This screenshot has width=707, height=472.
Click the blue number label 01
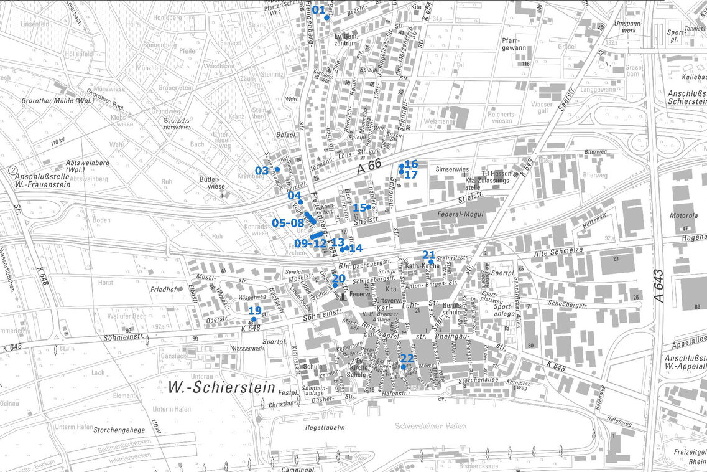click(x=318, y=10)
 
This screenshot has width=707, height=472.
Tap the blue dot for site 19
click(x=253, y=319)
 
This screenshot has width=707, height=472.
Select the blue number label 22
click(x=407, y=358)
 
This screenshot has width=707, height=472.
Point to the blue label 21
click(x=429, y=255)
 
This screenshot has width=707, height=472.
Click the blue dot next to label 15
click(x=369, y=207)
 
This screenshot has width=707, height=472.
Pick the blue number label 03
click(x=262, y=170)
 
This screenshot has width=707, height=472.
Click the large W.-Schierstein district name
click(x=221, y=388)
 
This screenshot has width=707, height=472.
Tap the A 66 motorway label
click(x=370, y=168)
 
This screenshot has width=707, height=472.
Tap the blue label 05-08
click(x=288, y=223)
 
